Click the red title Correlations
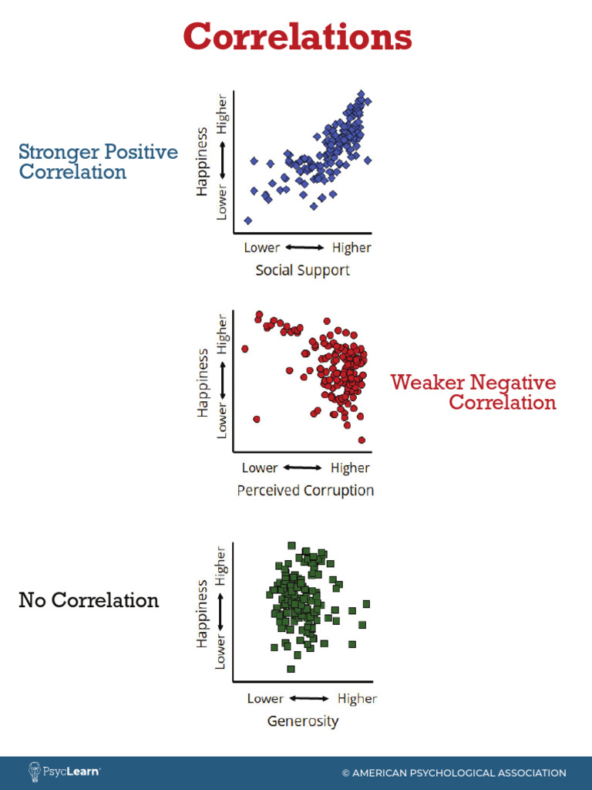tap(297, 37)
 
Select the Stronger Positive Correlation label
tap(98, 162)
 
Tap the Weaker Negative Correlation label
tap(473, 392)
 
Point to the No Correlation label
tap(89, 600)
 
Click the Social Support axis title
tap(302, 270)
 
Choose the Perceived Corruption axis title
tap(305, 491)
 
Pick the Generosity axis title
tap(302, 721)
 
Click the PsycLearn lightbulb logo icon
tap(35, 771)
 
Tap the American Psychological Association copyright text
tap(454, 773)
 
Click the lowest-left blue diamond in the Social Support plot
tap(248, 221)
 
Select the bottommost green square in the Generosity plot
tap(291, 669)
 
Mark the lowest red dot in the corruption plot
tap(362, 441)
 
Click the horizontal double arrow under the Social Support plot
tap(304, 248)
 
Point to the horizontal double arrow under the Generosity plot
tap(311, 699)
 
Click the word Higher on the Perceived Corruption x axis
tap(350, 468)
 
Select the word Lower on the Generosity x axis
tap(265, 699)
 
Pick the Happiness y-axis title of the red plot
tap(203, 383)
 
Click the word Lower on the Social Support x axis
tap(262, 248)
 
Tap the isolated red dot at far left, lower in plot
tap(256, 419)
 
